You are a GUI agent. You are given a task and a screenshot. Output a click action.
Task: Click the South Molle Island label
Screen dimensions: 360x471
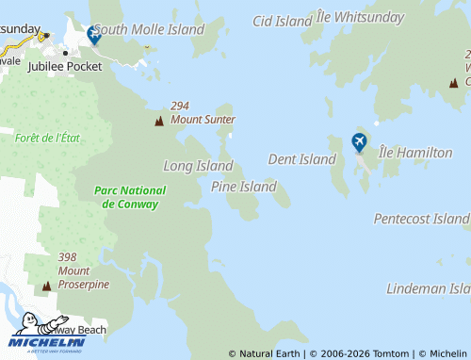point(149,30)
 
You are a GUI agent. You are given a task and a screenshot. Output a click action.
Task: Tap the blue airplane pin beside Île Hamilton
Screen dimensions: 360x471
point(359,142)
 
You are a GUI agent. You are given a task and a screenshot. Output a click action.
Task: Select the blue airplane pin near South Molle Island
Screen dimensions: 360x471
point(93,35)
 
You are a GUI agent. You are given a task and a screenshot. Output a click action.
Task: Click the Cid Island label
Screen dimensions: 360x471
point(283,21)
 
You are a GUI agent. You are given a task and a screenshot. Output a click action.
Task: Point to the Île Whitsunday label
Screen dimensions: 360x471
point(360,17)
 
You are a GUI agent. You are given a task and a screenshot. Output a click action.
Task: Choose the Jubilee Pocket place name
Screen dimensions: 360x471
point(65,67)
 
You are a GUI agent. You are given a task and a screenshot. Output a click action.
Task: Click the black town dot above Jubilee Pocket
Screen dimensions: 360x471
point(65,52)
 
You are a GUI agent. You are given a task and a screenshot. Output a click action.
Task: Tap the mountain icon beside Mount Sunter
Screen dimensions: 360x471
point(158,121)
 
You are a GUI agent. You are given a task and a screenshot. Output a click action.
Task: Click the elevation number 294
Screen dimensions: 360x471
point(181,106)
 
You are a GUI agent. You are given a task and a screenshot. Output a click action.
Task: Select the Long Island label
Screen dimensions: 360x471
point(198,166)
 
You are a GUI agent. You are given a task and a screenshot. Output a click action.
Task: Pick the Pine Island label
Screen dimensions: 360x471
point(244,187)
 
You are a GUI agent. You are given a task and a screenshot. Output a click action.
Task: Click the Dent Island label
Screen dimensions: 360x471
point(301,159)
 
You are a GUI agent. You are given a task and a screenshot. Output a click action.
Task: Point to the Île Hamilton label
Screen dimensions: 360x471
point(415,153)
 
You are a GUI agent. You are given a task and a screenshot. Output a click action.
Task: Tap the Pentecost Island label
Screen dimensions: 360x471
point(421,219)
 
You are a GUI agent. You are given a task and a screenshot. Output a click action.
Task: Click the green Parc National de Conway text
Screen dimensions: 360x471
point(130,197)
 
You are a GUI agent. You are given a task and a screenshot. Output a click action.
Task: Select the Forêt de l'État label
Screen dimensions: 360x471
point(48,138)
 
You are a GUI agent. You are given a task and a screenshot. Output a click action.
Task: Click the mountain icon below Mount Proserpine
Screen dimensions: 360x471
point(46,286)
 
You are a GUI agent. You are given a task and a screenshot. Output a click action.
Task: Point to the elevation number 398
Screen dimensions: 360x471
point(67,257)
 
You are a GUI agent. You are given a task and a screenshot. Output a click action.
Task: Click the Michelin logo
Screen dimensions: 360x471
point(46,333)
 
